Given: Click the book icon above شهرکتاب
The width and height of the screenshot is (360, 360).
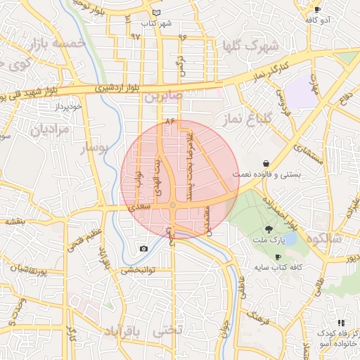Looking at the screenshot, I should (x=155, y=13).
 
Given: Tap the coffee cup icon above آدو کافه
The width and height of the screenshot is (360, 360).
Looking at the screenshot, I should (x=317, y=10).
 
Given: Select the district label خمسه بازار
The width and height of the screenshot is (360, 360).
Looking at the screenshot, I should (x=58, y=44).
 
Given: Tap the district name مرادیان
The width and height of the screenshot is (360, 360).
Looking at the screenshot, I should (x=50, y=129).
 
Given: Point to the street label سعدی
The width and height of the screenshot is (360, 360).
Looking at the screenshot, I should (x=140, y=207).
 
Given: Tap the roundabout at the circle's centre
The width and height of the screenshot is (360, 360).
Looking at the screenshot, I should (x=173, y=205).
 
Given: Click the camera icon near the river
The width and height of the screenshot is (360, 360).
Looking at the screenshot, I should (x=144, y=248).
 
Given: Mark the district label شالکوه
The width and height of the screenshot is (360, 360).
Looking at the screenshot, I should (x=324, y=238).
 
